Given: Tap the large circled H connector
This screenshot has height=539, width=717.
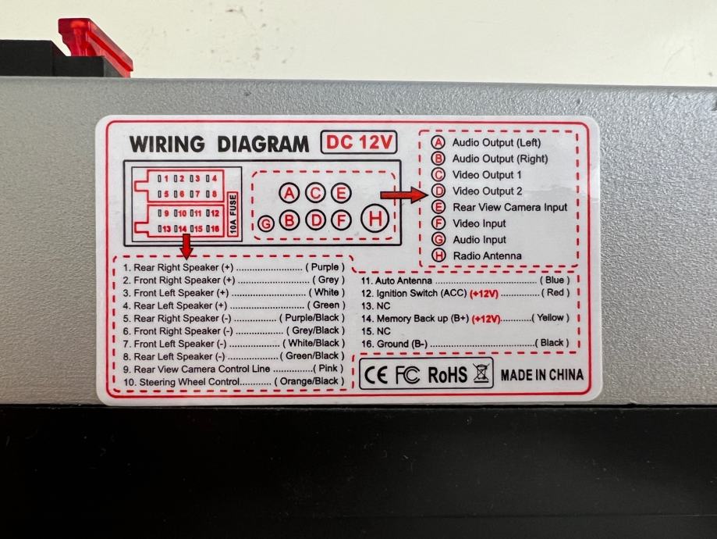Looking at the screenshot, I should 376,219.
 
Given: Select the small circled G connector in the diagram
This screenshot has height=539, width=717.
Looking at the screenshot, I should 267,223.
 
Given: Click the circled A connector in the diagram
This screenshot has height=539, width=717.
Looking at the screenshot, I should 290,193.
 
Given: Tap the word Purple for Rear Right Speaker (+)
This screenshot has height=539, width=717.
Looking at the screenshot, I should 325,268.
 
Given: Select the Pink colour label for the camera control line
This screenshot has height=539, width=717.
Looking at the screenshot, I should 328,369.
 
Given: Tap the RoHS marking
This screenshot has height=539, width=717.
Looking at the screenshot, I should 447,374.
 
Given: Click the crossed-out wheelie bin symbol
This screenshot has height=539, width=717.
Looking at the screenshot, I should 481,374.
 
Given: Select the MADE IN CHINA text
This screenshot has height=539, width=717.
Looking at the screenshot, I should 541,375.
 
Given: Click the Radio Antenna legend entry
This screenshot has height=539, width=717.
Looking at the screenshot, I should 488,256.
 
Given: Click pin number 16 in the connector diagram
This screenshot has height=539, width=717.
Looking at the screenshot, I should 212,228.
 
